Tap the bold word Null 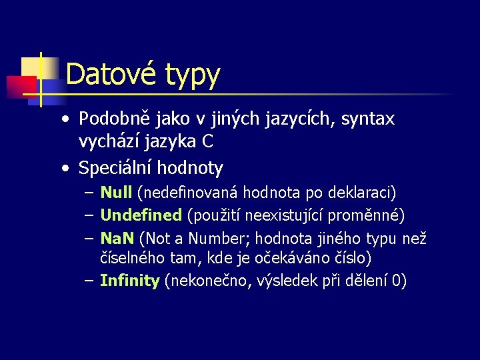pos(116,193)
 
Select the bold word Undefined pos(141,215)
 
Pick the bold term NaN pos(117,238)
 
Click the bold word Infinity pos(129,281)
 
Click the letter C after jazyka pos(208,141)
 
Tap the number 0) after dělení pos(398,281)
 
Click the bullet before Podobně pos(65,120)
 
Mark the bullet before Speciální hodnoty pos(65,168)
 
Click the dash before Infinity pos(89,281)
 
